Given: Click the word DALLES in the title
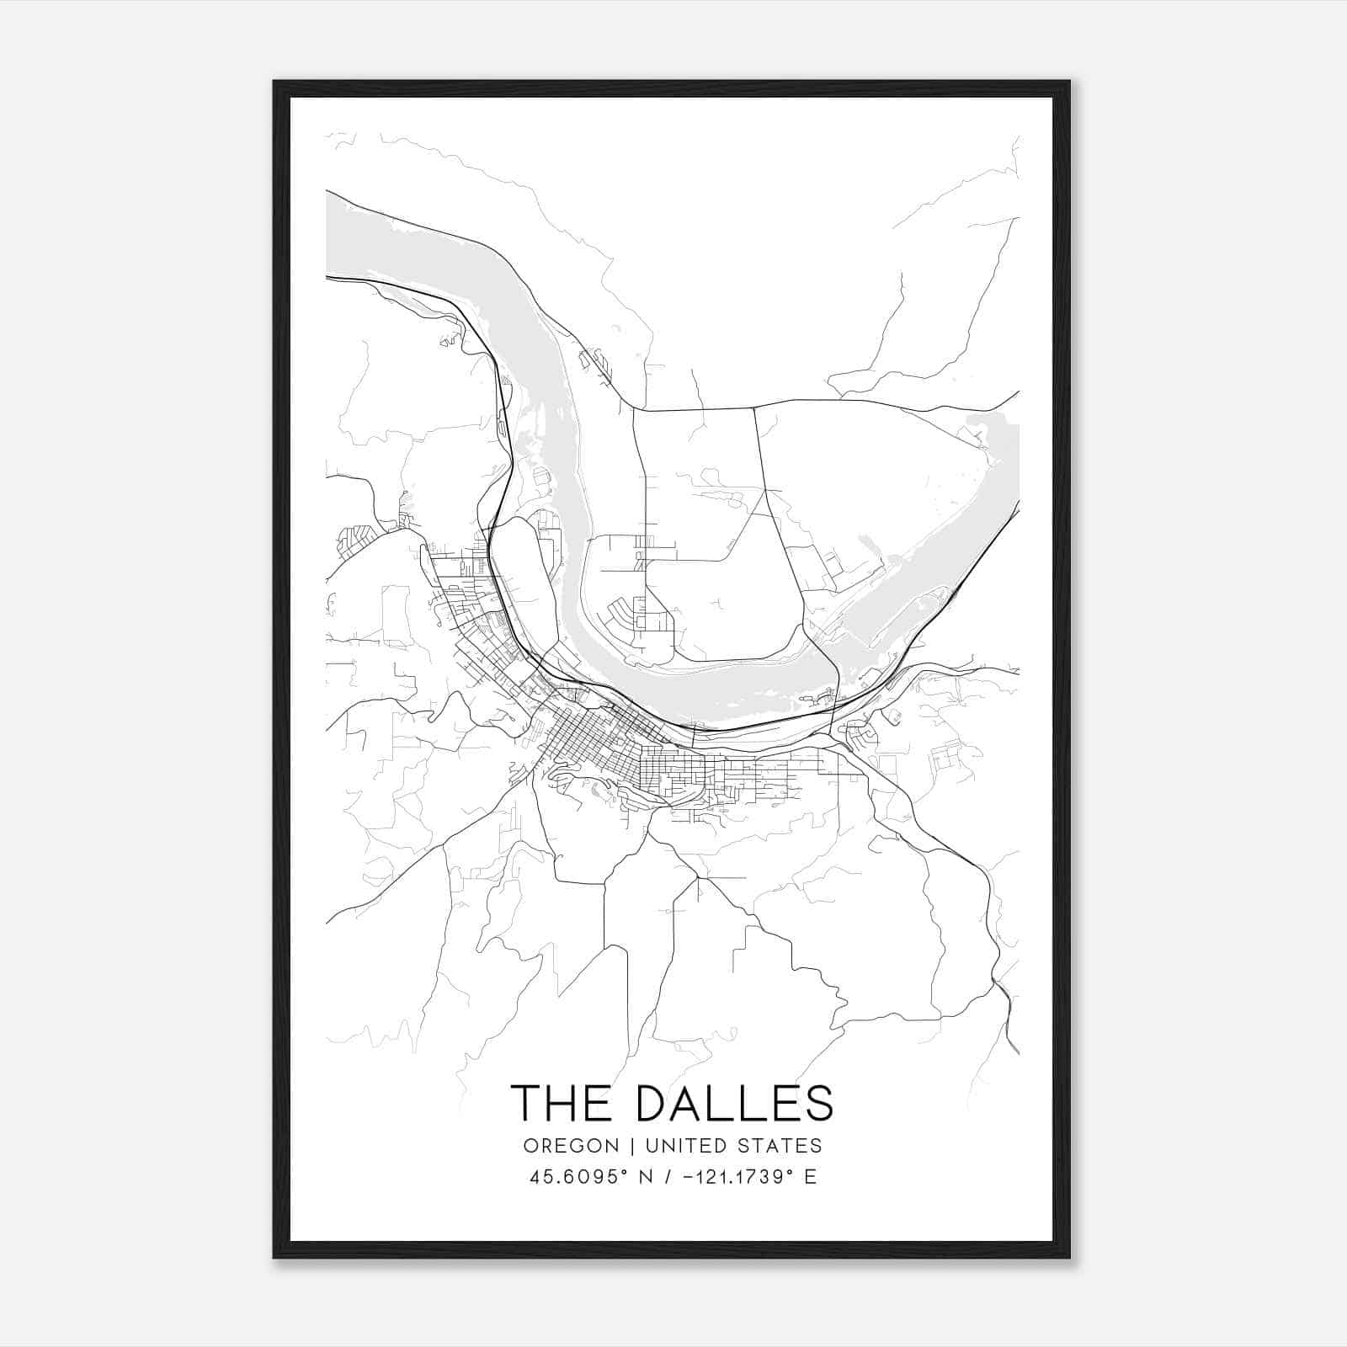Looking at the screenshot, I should (735, 1103).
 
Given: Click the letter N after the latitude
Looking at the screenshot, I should (647, 1177).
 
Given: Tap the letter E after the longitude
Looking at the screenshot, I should (811, 1177).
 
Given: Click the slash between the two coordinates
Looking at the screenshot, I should (668, 1177).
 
